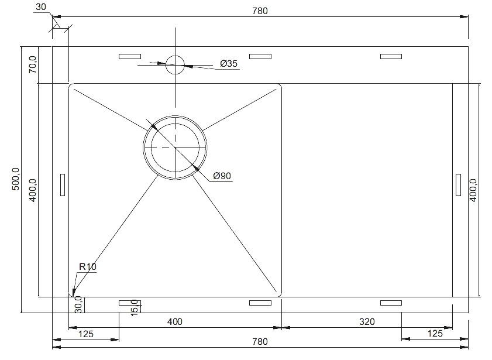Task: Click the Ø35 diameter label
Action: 229,63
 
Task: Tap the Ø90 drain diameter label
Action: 222,176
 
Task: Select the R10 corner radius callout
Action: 88,267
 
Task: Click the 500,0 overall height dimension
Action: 16,179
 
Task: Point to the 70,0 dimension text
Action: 33,64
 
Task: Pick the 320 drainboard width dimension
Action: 367,322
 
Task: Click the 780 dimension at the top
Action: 260,11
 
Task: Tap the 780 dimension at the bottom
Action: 260,341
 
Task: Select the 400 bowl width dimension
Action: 174,322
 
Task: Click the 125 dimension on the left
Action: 85,334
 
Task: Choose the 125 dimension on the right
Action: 435,333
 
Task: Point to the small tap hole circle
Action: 175,65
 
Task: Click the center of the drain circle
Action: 175,148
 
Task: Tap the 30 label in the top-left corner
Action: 41,7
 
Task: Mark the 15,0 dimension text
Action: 135,307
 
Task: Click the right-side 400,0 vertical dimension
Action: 473,190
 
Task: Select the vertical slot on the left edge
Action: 63,185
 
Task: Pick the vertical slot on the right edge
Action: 459,185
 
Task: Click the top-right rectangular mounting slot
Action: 391,57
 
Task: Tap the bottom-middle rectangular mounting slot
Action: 260,303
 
